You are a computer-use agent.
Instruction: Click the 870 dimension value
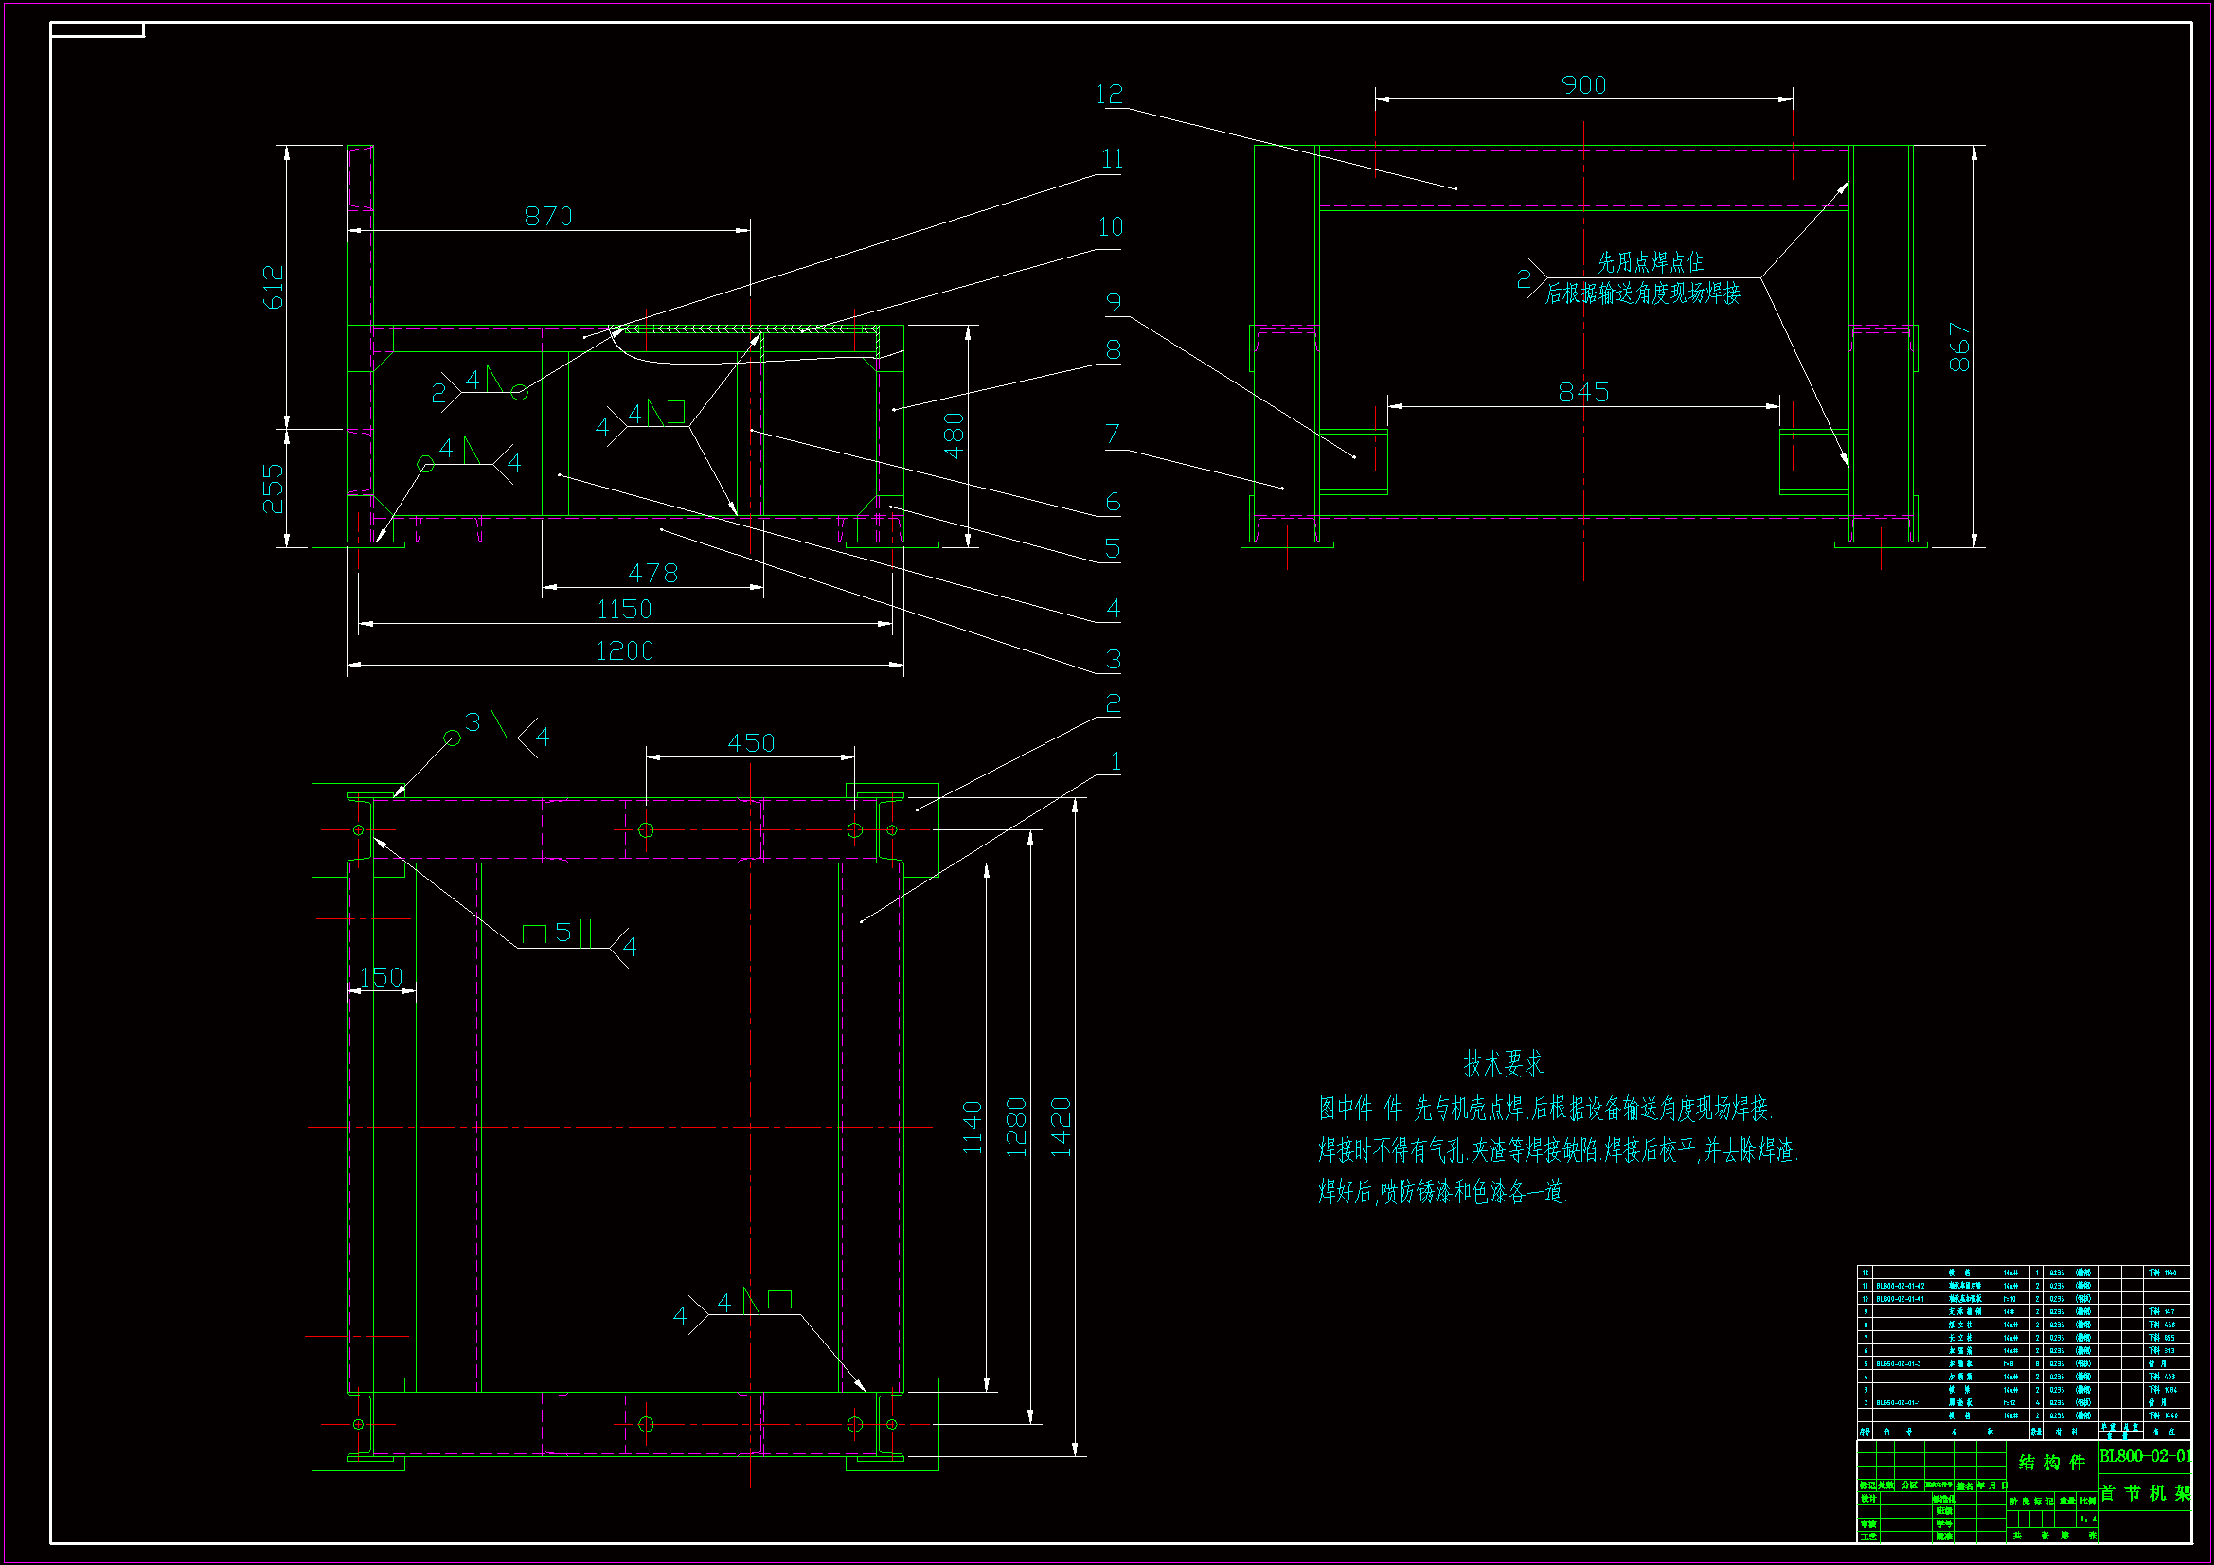[x=547, y=216]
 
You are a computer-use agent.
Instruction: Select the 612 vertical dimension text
[x=274, y=288]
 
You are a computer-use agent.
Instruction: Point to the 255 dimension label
[x=274, y=488]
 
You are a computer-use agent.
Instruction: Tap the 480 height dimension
[x=954, y=436]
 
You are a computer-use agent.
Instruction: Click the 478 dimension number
[x=652, y=574]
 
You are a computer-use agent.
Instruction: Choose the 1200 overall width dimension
[x=625, y=651]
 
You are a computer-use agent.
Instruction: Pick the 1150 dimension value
[x=625, y=611]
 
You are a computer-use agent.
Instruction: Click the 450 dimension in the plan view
[x=751, y=743]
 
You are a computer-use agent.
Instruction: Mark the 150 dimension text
[x=381, y=978]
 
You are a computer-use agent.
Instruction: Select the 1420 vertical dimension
[x=1061, y=1127]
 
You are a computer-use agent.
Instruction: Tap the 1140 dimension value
[x=972, y=1128]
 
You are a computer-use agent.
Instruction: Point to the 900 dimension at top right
[x=1583, y=86]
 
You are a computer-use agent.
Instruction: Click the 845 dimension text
[x=1583, y=393]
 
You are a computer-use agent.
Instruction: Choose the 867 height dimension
[x=1959, y=347]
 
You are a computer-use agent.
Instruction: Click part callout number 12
[x=1109, y=95]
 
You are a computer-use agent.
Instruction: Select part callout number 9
[x=1114, y=303]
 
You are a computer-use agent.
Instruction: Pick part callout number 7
[x=1113, y=435]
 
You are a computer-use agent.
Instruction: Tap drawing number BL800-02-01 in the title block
[x=2146, y=1456]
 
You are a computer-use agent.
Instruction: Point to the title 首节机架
[x=2146, y=1494]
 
